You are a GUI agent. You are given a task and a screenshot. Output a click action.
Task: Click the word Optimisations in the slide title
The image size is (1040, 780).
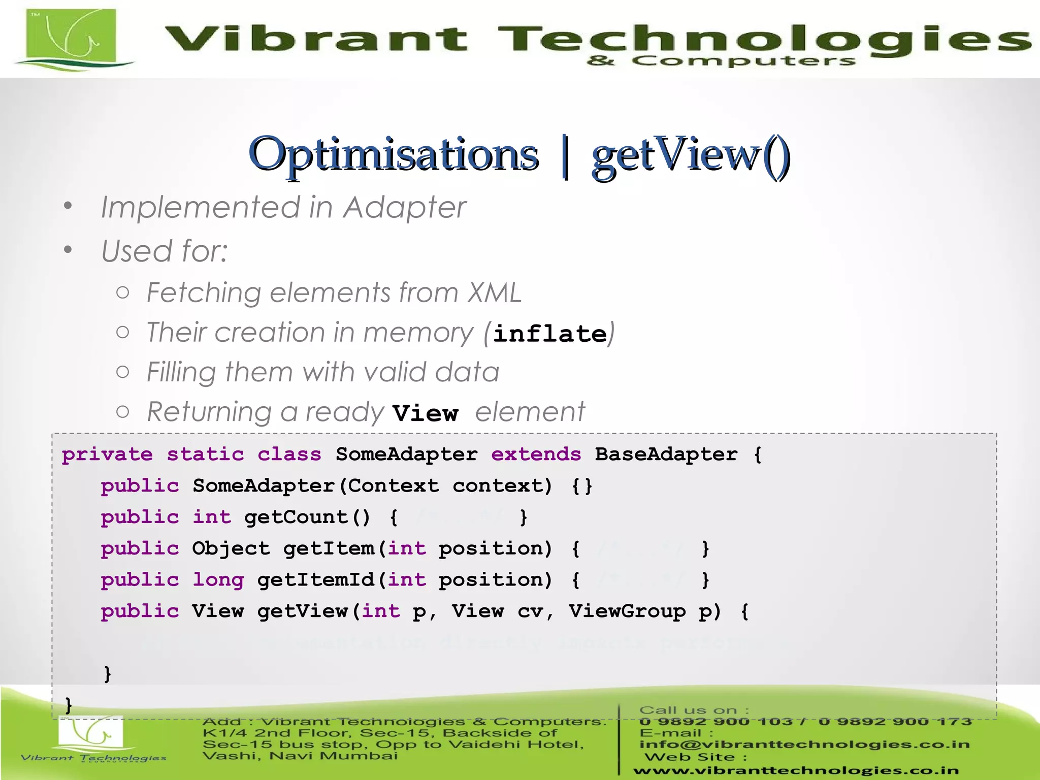coord(394,154)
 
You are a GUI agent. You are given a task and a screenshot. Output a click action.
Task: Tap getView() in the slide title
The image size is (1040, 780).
coord(691,154)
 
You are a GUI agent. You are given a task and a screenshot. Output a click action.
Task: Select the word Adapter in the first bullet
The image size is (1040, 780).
coord(404,208)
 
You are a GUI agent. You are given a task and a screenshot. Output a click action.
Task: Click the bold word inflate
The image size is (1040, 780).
coord(550,334)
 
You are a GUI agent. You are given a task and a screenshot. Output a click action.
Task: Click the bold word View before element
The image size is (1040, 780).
coord(426,413)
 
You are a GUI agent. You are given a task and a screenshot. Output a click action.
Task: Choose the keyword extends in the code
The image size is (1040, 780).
coord(536,454)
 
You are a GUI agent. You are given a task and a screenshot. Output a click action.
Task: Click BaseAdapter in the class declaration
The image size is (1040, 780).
coord(666,454)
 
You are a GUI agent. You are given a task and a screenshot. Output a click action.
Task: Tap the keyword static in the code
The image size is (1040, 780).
coord(205,454)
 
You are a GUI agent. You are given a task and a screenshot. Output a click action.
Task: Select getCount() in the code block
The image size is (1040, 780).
coord(307,517)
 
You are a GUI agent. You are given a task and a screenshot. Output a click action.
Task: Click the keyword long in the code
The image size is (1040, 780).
coord(218,580)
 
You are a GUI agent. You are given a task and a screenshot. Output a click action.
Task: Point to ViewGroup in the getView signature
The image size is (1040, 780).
coord(627,611)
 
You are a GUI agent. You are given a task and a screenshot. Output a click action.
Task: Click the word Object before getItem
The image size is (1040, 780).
coord(231,548)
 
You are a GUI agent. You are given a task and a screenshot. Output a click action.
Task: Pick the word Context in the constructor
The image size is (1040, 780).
coord(394,486)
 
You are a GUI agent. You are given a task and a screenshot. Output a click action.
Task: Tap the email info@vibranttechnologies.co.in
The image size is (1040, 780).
coord(804,744)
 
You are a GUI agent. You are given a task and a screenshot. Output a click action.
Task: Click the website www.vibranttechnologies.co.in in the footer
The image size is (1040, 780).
coord(796,771)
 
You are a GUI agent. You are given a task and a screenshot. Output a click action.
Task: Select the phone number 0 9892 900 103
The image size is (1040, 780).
coord(716,722)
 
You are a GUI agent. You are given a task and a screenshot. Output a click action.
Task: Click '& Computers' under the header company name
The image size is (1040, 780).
coord(721,61)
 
